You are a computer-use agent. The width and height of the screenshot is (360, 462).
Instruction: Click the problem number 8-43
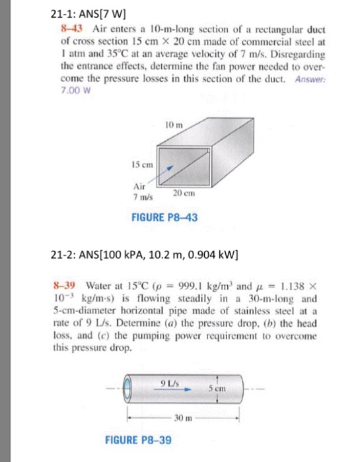point(65,30)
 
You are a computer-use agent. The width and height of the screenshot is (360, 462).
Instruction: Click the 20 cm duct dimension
point(182,192)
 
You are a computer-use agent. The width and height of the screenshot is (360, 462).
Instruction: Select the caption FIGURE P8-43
point(161,218)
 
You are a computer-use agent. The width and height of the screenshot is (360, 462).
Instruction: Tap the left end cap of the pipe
point(130,388)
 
